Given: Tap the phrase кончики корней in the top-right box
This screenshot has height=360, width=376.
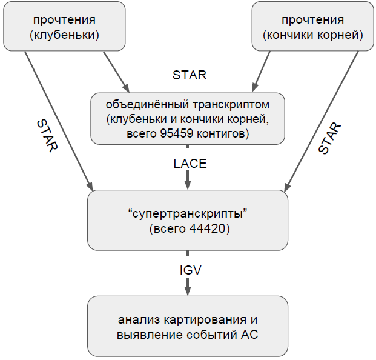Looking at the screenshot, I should pyautogui.click(x=313, y=35).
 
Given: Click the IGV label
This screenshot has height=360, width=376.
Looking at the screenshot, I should pyautogui.click(x=188, y=270).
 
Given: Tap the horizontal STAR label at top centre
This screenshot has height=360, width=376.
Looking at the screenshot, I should pyautogui.click(x=190, y=76).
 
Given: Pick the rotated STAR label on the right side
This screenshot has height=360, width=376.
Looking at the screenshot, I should pyautogui.click(x=329, y=138).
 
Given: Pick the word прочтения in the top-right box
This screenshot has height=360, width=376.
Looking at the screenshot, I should pyautogui.click(x=313, y=21).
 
